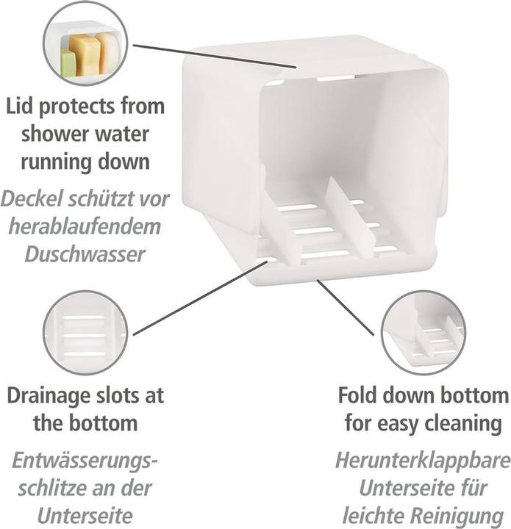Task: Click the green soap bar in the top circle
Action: point(68,62)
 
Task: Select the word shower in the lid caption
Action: point(49,134)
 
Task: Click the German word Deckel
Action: point(33,198)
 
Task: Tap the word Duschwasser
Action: point(85,254)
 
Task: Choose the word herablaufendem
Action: point(85,226)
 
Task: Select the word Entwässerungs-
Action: point(85,460)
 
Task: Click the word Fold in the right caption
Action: point(358,395)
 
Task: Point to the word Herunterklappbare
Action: point(423,460)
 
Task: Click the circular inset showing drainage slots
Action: point(85,333)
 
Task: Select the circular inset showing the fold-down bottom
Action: point(424,333)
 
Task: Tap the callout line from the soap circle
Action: point(215,56)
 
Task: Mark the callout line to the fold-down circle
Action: point(346,308)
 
